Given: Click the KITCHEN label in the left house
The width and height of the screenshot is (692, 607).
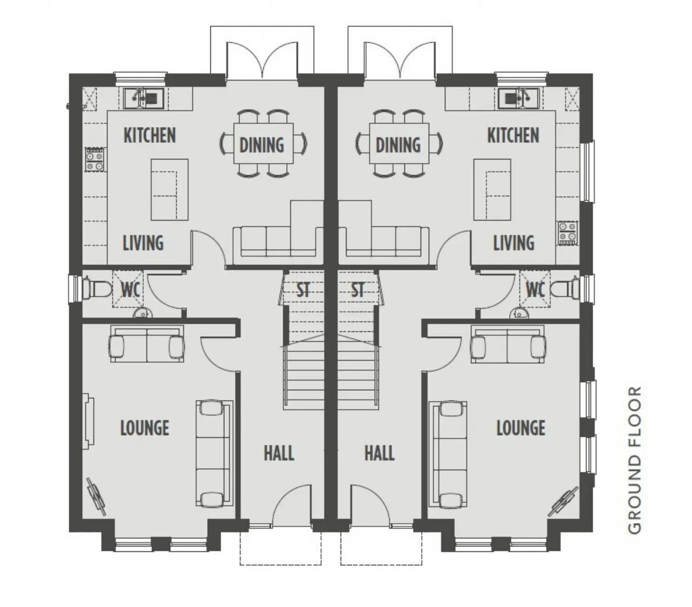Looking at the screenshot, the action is click(150, 135).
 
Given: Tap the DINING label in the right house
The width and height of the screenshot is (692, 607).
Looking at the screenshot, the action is click(398, 145).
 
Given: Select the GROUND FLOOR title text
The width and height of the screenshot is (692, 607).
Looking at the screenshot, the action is click(635, 460).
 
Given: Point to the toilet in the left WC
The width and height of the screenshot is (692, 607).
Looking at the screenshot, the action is click(97, 290).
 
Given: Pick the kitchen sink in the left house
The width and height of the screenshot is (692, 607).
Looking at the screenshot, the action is click(144, 98).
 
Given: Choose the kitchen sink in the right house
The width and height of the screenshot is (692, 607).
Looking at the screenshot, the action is click(518, 98).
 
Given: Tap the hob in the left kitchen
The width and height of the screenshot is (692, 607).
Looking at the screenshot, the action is click(95, 159).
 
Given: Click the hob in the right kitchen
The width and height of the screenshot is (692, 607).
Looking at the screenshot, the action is click(568, 234).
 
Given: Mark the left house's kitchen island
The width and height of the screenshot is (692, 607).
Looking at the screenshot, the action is click(169, 190).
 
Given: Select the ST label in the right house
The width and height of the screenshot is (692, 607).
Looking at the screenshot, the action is click(357, 290).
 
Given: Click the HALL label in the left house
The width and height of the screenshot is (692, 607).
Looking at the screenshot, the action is click(279, 453).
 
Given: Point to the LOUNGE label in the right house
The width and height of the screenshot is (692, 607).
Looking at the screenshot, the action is click(521, 428).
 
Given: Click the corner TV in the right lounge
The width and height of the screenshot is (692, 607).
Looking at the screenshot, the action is click(563, 501).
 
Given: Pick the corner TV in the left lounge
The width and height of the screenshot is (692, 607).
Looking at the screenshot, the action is click(96, 496).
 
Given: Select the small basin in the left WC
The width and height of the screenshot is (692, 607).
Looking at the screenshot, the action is click(142, 313).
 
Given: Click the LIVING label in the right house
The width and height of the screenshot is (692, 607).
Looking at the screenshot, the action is click(514, 243).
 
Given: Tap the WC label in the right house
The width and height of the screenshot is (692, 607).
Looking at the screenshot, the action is click(535, 290).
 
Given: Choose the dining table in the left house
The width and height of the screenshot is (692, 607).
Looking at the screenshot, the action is click(263, 143).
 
